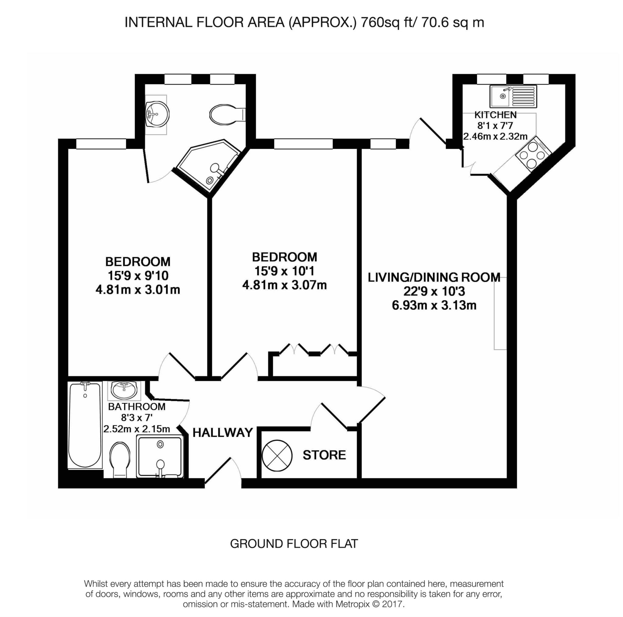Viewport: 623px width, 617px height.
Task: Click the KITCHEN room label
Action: coord(495,115)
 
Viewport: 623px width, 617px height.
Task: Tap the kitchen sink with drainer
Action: coord(513,96)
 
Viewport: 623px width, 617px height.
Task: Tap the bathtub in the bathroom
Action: coord(85,425)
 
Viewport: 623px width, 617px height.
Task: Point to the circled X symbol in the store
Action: coord(277,456)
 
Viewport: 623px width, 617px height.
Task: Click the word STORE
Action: coord(324,455)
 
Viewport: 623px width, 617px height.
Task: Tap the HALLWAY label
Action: coord(223,433)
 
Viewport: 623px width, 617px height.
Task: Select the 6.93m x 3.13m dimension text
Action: coord(434,305)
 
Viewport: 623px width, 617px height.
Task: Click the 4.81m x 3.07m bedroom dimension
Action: coord(284,285)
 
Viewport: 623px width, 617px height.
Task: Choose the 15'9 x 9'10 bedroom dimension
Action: coord(138,276)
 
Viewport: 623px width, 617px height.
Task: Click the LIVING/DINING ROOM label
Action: coord(434,277)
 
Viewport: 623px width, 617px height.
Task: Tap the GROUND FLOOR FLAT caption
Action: coord(294,544)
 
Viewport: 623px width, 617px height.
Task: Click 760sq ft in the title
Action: coord(386,23)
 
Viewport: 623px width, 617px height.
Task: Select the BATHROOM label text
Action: coord(137,407)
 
